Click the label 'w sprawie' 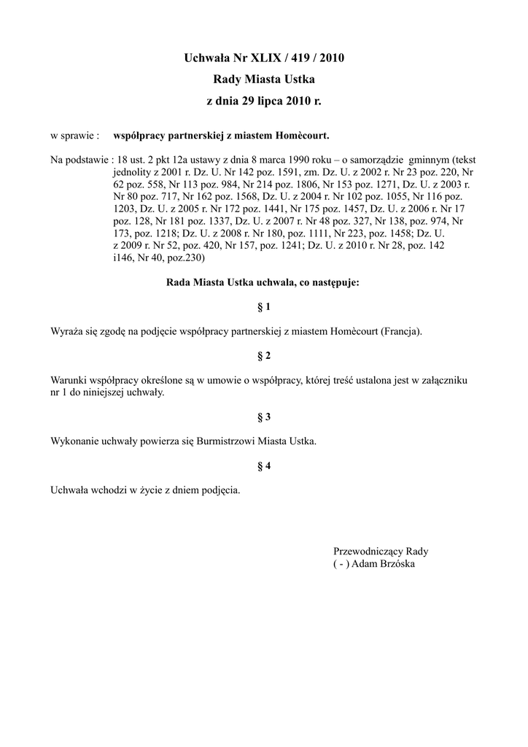tap(74, 136)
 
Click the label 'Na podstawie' tap(79, 159)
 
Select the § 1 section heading tap(264, 307)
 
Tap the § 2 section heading tap(264, 356)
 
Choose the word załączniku tap(446, 380)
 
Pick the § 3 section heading tap(264, 417)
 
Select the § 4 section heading tap(264, 466)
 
